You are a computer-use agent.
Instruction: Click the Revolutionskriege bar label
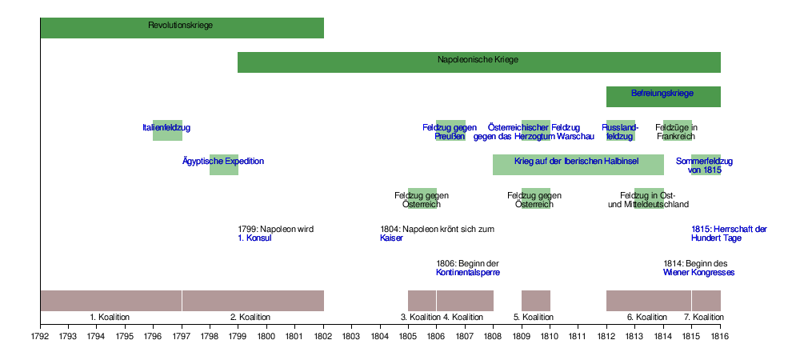(x=181, y=26)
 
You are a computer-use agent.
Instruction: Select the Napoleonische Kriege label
(x=478, y=60)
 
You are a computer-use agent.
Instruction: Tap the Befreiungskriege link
(x=662, y=94)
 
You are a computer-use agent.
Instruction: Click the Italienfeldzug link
(x=166, y=127)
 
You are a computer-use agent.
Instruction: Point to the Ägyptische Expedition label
(x=223, y=162)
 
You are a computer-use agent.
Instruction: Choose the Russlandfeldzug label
(x=620, y=132)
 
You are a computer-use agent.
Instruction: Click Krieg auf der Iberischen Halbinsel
(x=577, y=162)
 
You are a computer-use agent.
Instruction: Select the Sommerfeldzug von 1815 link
(x=704, y=166)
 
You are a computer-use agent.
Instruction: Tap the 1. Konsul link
(x=255, y=238)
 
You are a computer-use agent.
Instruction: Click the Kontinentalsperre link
(x=468, y=273)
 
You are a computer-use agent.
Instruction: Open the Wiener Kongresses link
(x=698, y=273)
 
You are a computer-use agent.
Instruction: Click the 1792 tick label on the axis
(x=40, y=335)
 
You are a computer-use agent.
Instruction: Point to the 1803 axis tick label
(x=351, y=335)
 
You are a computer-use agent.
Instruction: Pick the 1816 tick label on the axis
(x=720, y=335)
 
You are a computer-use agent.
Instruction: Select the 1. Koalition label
(x=110, y=318)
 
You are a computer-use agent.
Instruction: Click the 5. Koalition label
(x=535, y=318)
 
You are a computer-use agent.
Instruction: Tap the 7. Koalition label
(x=704, y=318)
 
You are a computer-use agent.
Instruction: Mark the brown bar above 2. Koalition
(x=253, y=300)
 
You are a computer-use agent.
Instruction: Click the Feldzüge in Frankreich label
(x=676, y=132)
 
